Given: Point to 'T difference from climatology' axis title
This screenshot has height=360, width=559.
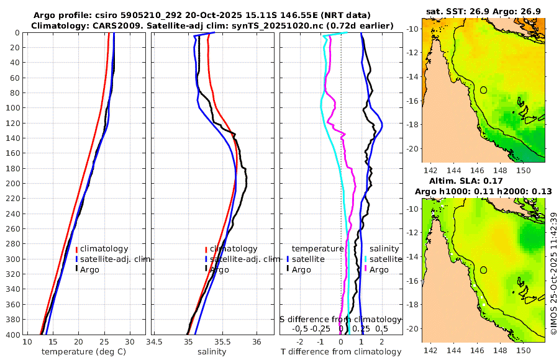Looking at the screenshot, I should point(341,352).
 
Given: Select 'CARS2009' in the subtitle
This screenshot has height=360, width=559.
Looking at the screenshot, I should point(109,25).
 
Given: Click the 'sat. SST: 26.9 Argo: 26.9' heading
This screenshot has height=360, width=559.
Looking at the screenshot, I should point(483,11).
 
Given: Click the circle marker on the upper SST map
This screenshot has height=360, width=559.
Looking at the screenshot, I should point(483,90).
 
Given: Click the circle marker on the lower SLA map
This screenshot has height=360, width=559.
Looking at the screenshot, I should point(483,270).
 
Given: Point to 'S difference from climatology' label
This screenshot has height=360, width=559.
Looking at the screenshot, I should point(340,319).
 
